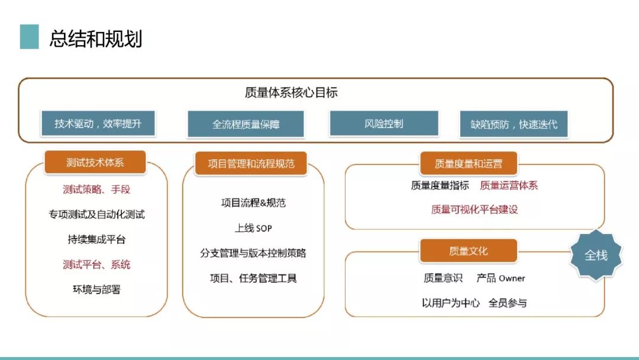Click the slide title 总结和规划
click(x=96, y=38)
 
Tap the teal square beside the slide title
click(x=30, y=37)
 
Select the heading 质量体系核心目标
click(x=291, y=92)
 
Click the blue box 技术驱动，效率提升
click(x=98, y=123)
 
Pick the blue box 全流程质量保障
click(x=246, y=124)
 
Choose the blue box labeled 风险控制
click(x=384, y=123)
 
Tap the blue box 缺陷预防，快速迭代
click(x=514, y=124)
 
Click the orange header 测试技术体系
click(x=95, y=162)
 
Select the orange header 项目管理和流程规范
click(x=251, y=163)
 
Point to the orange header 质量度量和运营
click(x=468, y=163)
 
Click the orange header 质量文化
click(x=468, y=250)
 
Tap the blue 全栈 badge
click(x=596, y=255)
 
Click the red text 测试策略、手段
click(x=96, y=189)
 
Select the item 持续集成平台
click(x=96, y=239)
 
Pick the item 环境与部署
click(x=96, y=290)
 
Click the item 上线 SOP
click(x=253, y=228)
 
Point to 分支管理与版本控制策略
click(x=253, y=253)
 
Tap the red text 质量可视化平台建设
click(x=475, y=210)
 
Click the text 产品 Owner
click(x=501, y=278)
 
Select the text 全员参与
click(x=508, y=303)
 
